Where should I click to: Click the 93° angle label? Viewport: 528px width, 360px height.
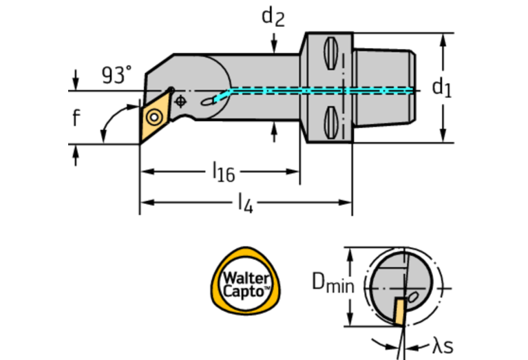(116, 75)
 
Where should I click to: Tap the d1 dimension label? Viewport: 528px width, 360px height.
(441, 87)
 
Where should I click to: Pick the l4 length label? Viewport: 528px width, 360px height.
(244, 202)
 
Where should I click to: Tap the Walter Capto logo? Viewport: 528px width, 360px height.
(246, 283)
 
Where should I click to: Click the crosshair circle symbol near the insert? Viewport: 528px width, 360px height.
(181, 101)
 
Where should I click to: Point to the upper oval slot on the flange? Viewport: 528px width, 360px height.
(329, 54)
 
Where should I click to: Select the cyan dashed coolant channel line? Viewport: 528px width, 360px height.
(317, 90)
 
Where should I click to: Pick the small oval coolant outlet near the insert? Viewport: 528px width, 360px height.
(208, 103)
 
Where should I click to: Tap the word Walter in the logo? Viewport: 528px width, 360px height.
(245, 277)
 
